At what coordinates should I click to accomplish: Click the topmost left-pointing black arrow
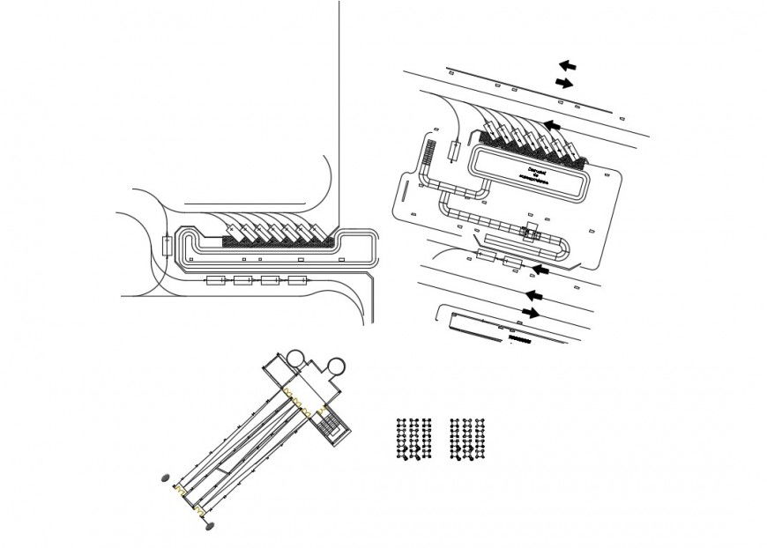(567, 65)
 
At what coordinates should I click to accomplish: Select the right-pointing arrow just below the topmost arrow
(563, 83)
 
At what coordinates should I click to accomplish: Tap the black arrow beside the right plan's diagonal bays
(552, 126)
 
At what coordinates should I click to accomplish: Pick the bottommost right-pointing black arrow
(532, 313)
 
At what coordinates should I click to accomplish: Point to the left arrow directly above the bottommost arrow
(532, 295)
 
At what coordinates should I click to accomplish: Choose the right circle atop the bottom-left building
(335, 364)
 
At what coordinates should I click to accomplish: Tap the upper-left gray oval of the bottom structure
(164, 479)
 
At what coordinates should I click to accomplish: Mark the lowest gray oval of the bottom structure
(209, 527)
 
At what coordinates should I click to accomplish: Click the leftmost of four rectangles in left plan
(216, 281)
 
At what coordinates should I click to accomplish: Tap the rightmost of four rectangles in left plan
(297, 281)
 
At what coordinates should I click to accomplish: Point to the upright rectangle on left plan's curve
(167, 245)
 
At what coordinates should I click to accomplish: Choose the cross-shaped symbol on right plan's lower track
(532, 232)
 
